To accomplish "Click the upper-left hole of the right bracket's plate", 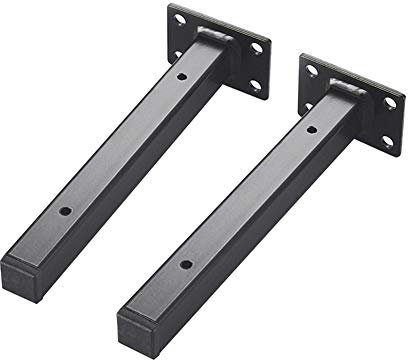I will [x=312, y=70].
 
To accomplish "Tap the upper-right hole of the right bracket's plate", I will [x=389, y=102].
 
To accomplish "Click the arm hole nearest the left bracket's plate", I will [x=181, y=78].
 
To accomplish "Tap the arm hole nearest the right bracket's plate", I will [x=309, y=130].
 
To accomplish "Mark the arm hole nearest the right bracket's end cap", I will [x=186, y=263].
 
